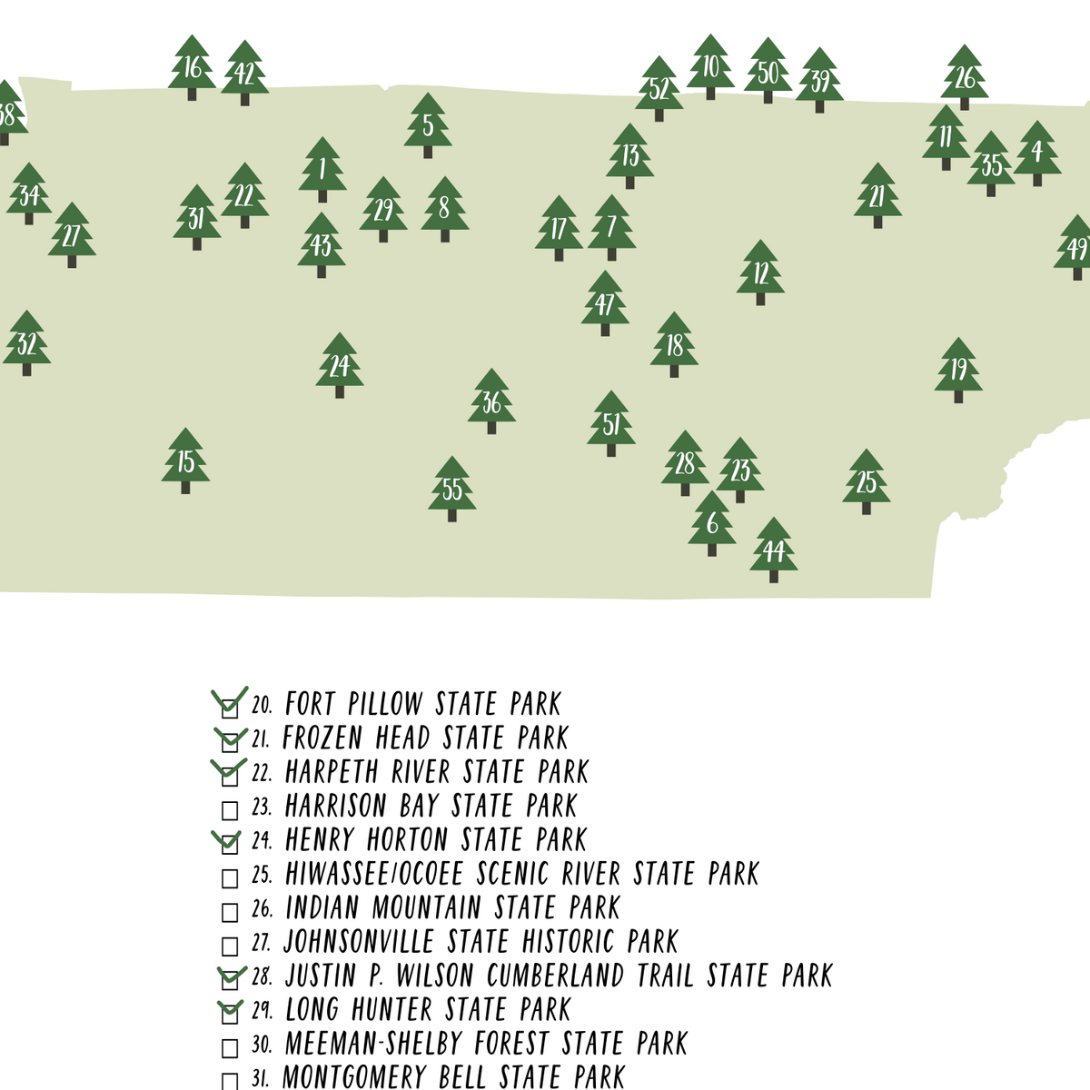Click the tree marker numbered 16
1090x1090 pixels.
pos(192,68)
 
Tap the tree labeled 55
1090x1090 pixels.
pos(452,490)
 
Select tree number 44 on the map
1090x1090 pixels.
pos(773,550)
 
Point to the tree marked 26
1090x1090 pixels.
pos(965,78)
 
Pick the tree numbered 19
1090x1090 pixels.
pos(958,370)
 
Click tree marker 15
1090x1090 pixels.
pos(185,461)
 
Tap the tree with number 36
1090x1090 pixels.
pos(491,401)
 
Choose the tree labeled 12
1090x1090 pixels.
pos(760,272)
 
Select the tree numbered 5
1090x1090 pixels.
pos(428,125)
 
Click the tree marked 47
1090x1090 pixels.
pos(605,303)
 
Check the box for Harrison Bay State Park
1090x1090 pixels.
pos(230,809)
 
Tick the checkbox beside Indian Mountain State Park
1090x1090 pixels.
pos(230,911)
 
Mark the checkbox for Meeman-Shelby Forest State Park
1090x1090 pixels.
pos(230,1047)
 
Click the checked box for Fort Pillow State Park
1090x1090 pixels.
pos(230,708)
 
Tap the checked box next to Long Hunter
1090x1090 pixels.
pos(230,1013)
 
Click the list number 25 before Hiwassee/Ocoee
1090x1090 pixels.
pos(262,875)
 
